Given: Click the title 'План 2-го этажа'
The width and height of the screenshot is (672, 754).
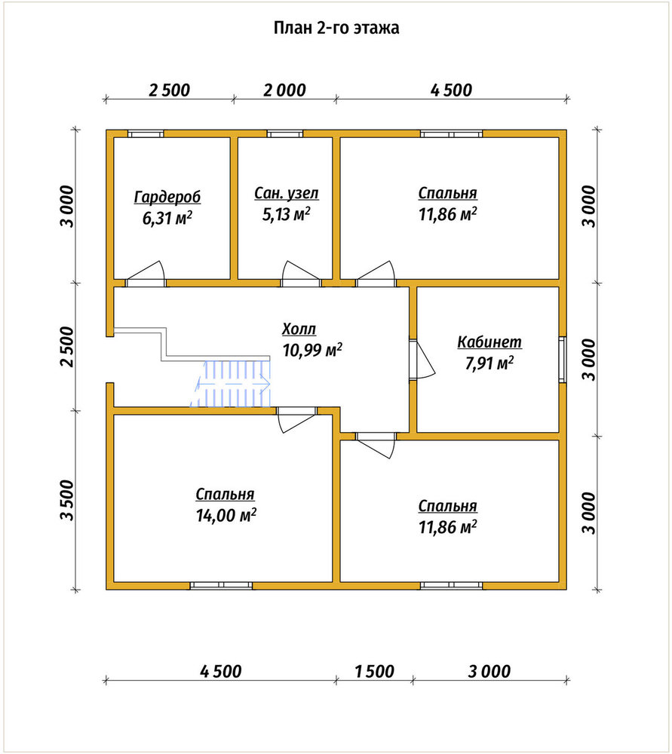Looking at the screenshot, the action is [x=336, y=28].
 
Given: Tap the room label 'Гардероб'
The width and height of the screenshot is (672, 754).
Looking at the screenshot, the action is [x=167, y=197].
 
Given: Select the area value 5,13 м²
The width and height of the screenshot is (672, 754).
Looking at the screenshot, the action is [x=286, y=214].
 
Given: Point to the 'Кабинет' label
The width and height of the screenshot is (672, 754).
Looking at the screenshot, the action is [x=489, y=342].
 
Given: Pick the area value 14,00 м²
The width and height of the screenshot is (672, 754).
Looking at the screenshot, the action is [x=226, y=515].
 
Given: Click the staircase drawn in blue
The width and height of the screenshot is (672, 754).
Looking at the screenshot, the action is [x=231, y=383].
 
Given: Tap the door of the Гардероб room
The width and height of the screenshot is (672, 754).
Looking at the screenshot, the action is [x=146, y=274].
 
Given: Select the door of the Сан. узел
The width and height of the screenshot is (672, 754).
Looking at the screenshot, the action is [x=301, y=274].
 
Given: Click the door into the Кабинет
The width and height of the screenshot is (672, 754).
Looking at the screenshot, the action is [x=422, y=360].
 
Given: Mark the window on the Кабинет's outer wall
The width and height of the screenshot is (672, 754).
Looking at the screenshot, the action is [x=563, y=360].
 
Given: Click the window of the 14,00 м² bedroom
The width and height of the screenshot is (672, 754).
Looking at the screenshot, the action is [x=221, y=585].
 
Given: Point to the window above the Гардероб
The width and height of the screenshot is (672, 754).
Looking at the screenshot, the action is [x=146, y=133].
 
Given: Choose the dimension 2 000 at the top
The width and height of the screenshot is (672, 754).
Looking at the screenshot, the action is [x=284, y=90].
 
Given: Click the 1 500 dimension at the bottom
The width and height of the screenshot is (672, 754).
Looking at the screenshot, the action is [x=374, y=671].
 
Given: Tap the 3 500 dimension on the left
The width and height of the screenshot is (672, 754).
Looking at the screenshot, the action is [x=68, y=500].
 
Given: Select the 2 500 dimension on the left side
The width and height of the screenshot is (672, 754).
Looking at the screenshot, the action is [x=68, y=347].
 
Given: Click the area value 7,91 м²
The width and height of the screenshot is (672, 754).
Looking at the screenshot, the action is [x=489, y=363].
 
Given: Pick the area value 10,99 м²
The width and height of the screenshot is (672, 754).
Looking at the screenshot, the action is [x=312, y=350].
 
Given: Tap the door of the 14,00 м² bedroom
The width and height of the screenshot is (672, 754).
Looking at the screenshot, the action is [x=296, y=419].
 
